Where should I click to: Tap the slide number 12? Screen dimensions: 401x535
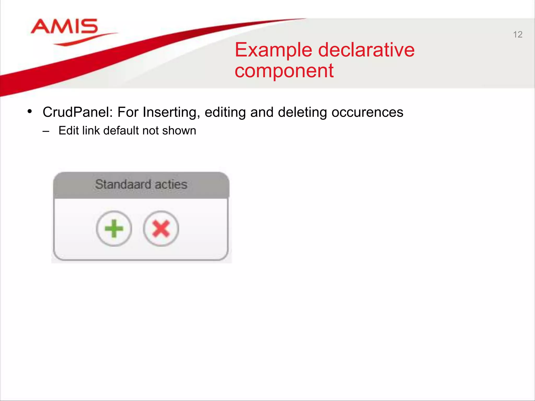pyautogui.click(x=517, y=34)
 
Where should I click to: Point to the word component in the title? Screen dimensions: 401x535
pyautogui.click(x=284, y=71)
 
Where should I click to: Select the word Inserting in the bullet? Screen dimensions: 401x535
pyautogui.click(x=171, y=112)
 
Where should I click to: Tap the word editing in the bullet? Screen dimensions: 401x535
pyautogui.click(x=225, y=112)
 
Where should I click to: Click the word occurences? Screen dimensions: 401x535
pyautogui.click(x=367, y=112)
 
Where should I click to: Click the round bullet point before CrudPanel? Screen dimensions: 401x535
pyautogui.click(x=30, y=111)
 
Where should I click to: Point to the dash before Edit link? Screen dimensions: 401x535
pyautogui.click(x=46, y=131)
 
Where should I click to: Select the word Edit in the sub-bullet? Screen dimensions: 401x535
pyautogui.click(x=68, y=130)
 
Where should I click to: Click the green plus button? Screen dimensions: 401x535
pyautogui.click(x=114, y=228)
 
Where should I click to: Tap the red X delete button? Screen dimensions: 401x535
pyautogui.click(x=161, y=228)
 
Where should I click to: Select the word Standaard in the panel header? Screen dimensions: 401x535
pyautogui.click(x=123, y=184)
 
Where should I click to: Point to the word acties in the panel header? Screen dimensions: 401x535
pyautogui.click(x=171, y=184)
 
